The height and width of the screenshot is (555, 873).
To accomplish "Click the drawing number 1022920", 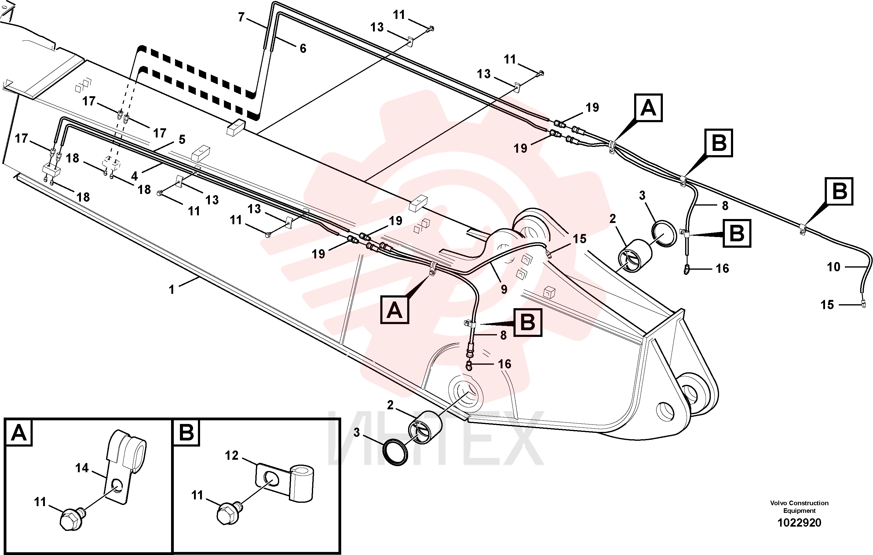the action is click(799, 522).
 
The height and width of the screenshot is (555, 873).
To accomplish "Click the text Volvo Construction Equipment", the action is click(799, 506).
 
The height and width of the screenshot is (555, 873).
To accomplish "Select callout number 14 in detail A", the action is click(82, 468).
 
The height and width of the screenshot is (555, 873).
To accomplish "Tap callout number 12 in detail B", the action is click(232, 455).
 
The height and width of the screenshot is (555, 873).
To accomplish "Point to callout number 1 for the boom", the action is click(171, 289).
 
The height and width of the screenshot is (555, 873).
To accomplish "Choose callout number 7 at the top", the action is click(241, 17).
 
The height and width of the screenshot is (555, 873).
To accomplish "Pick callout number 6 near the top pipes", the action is click(303, 48).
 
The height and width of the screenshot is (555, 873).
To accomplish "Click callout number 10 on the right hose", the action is click(834, 267).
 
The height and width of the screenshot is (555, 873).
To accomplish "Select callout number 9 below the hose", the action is click(504, 289).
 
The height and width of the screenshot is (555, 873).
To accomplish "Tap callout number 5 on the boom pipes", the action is click(182, 139).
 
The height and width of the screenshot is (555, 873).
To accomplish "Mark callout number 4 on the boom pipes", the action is click(134, 176).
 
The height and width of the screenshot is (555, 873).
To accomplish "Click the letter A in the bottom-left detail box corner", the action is click(19, 433).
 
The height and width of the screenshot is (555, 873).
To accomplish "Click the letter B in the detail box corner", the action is click(186, 433).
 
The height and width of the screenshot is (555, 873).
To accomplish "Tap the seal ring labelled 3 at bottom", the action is click(395, 452).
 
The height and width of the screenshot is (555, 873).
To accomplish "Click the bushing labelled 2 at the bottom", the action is click(425, 427).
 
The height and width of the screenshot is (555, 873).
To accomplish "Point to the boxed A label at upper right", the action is click(648, 108).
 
